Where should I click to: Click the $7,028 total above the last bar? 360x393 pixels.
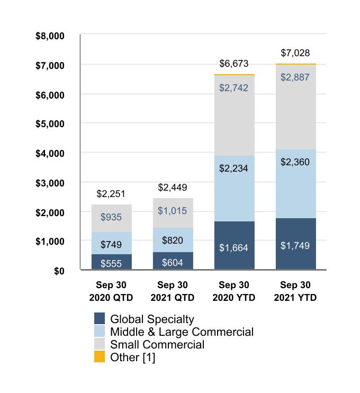point(295,53)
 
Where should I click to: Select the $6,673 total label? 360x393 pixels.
point(234,64)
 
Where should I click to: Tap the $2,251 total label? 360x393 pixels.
point(111,193)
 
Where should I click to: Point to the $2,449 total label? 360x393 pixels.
point(173,187)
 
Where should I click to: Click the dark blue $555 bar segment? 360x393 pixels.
point(111,262)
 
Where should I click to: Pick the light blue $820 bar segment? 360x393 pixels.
point(173,240)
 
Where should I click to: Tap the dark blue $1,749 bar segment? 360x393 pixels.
point(295,244)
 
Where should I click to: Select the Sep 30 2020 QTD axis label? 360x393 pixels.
point(111,292)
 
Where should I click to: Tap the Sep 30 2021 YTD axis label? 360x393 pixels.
point(295,292)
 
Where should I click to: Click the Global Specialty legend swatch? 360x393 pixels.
point(100,319)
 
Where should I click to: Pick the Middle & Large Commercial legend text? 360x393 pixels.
point(182,332)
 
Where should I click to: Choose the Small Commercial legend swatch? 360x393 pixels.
point(100,345)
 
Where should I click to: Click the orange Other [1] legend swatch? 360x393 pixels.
point(100,358)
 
